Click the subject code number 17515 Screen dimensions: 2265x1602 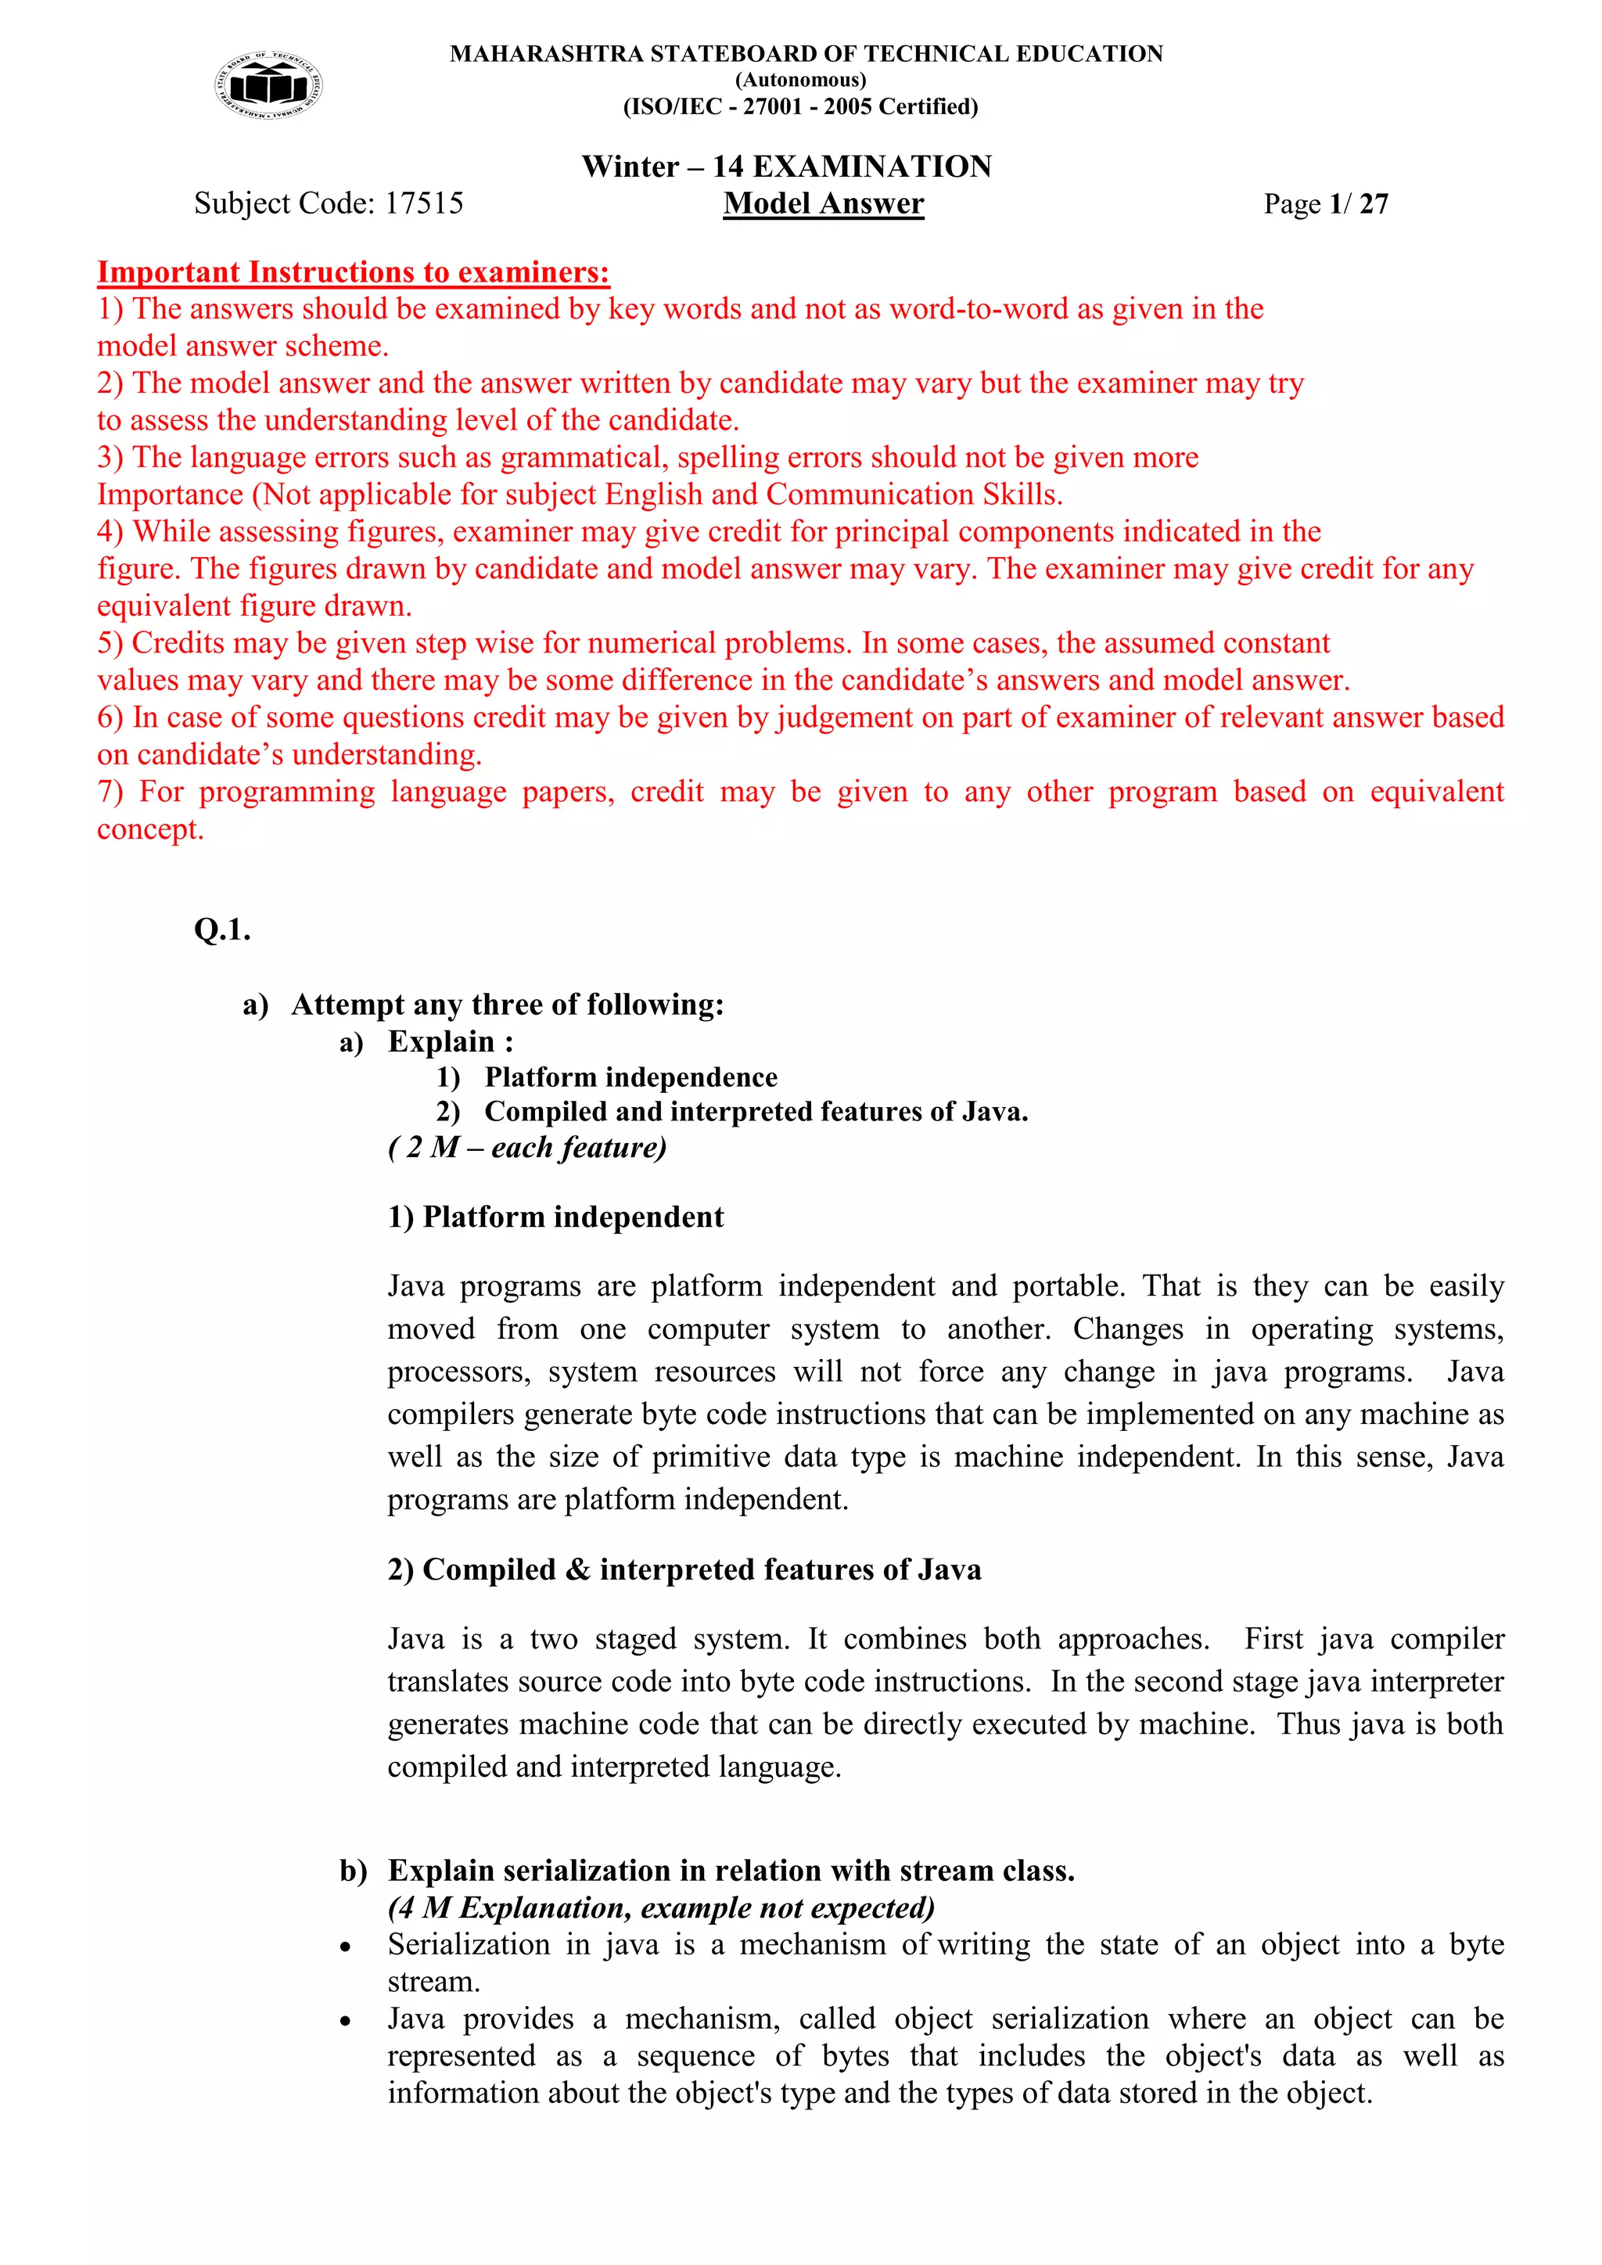coord(423,203)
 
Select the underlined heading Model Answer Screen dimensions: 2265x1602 coord(823,203)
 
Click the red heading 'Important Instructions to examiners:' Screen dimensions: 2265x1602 coord(353,272)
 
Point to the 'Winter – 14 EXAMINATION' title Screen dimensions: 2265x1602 coord(786,166)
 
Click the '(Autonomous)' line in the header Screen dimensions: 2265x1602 coord(800,80)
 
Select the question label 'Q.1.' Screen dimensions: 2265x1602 coord(222,929)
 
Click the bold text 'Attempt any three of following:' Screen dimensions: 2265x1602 coord(507,1005)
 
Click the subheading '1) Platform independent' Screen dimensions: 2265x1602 coord(555,1217)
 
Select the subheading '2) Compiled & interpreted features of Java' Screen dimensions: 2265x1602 coord(684,1569)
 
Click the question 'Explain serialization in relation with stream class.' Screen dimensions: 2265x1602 coord(730,1871)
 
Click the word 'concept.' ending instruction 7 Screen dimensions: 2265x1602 coord(150,829)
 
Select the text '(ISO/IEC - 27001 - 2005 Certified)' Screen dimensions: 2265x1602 coord(800,106)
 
